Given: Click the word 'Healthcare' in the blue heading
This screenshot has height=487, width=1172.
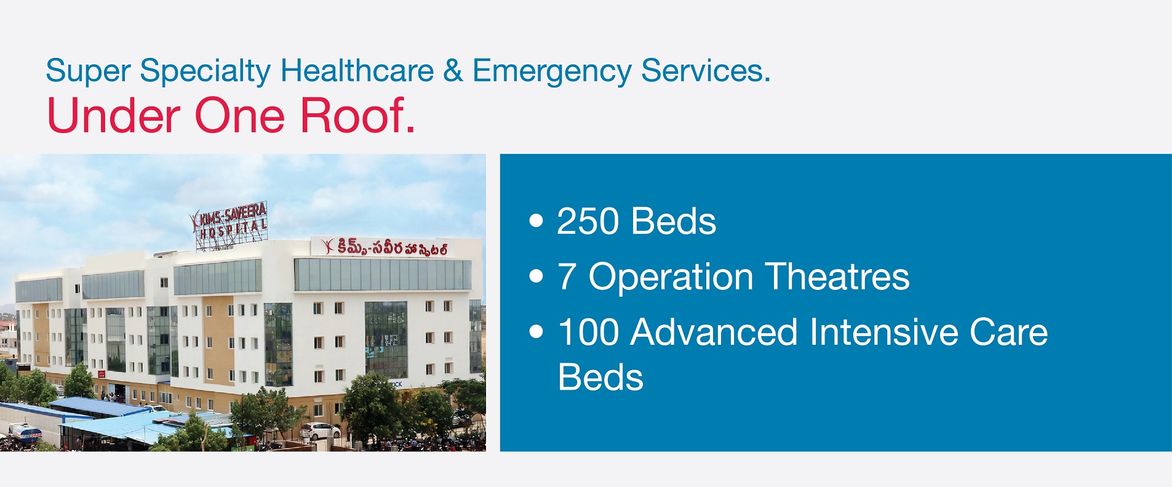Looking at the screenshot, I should tap(357, 70).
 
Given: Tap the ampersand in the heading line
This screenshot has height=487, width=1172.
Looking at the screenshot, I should tap(453, 70).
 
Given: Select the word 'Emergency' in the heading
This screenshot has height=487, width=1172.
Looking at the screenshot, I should tap(552, 71).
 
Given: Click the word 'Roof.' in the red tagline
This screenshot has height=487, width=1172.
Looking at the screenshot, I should tap(357, 115).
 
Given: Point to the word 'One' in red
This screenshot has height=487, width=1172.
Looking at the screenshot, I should tap(239, 115).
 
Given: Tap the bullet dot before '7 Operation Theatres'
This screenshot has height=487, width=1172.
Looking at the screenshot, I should tap(536, 276).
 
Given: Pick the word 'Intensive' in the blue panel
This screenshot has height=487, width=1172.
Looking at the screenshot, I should tap(884, 332).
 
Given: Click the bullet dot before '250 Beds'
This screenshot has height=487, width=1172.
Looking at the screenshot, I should tap(536, 221).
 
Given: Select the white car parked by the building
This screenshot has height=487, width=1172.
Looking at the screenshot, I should tap(319, 430).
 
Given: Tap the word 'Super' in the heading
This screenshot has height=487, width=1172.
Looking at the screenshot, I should tap(87, 71).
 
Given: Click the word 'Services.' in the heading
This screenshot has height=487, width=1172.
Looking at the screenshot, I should tap(705, 70).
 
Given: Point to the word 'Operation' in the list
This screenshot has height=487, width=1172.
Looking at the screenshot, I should tap(671, 278).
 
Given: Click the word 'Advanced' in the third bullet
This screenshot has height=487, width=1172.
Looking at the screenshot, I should tap(714, 332).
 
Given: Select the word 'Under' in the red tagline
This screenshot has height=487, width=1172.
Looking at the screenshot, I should tap(113, 115).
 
